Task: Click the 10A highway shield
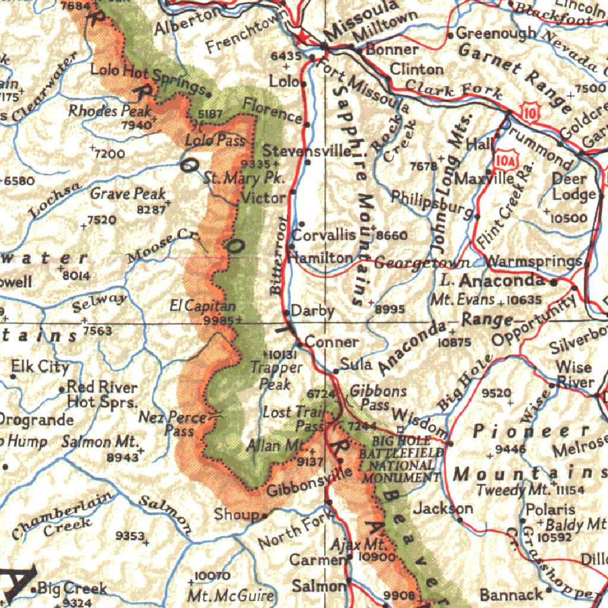point(505,159)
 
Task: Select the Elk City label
point(40,367)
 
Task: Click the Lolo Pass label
point(214,141)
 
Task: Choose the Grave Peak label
point(128,194)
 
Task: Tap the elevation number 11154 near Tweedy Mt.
point(571,490)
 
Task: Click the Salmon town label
point(318,586)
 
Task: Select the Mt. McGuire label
point(230,596)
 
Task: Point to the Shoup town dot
point(265,515)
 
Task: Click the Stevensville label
point(307,151)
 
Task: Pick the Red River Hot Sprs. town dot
point(62,389)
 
